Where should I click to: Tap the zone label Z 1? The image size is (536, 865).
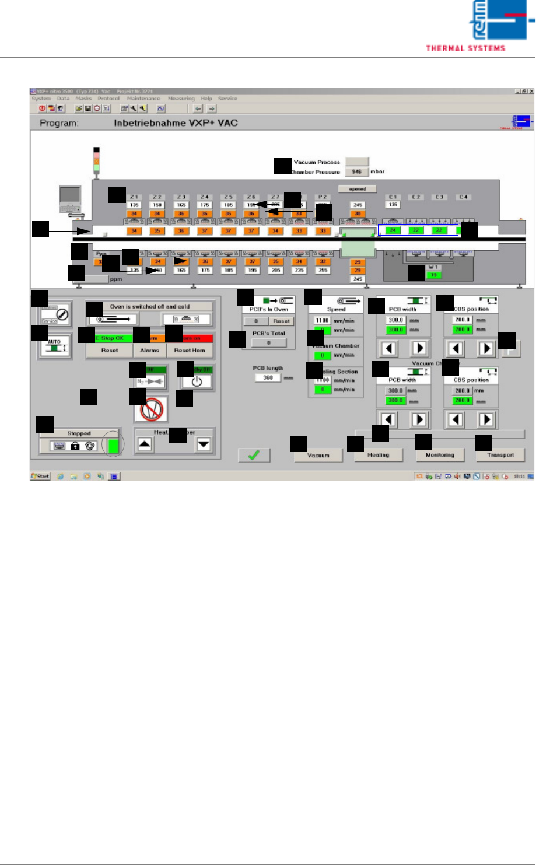click(134, 197)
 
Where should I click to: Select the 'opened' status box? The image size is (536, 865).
click(357, 189)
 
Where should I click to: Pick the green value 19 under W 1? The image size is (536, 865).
click(433, 275)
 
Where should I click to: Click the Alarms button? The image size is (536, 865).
click(150, 351)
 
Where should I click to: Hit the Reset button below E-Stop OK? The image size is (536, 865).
click(109, 351)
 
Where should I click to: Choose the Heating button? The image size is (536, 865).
click(379, 455)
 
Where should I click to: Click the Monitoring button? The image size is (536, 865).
click(440, 455)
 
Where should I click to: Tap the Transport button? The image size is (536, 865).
click(500, 455)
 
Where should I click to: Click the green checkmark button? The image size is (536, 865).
click(254, 455)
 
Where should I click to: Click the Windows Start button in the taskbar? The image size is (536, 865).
click(40, 476)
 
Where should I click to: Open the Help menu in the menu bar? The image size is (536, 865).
click(206, 99)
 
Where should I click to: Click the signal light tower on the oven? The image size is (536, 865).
click(97, 160)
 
